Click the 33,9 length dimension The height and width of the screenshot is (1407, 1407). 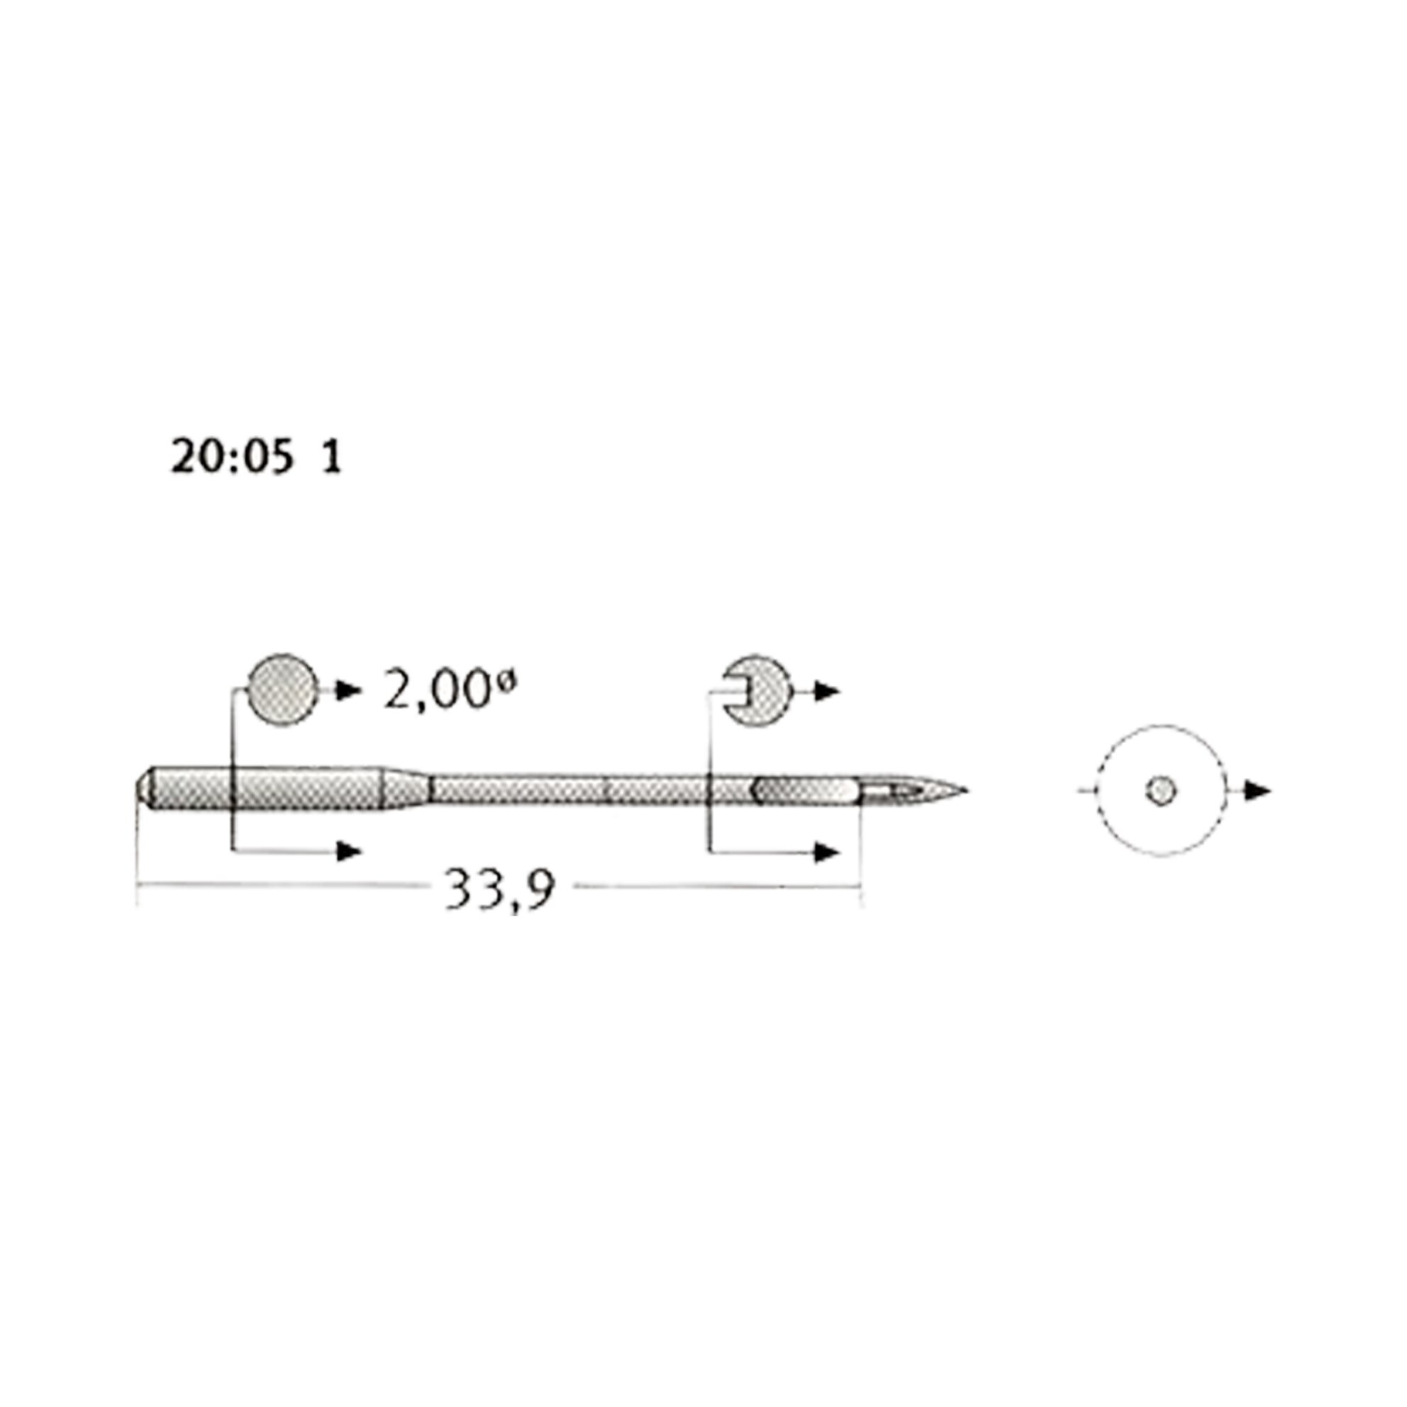tap(500, 887)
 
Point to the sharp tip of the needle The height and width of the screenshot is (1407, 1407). tap(967, 790)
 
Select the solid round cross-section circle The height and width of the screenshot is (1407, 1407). tap(282, 689)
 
